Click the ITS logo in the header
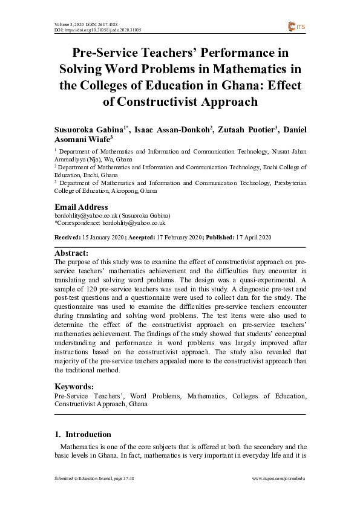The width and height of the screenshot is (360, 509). [297, 26]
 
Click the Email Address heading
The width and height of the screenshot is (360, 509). [81, 207]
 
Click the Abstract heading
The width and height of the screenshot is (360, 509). [71, 253]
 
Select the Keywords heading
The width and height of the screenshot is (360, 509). [74, 386]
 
